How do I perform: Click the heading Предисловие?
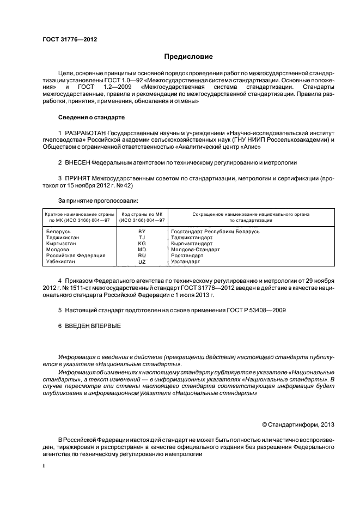coord(188,57)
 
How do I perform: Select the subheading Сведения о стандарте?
coord(91,117)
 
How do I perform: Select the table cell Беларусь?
coord(59,232)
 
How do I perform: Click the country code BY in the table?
coord(142,232)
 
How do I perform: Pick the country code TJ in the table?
coord(142,238)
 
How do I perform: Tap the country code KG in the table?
coord(142,244)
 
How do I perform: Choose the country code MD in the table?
coord(142,250)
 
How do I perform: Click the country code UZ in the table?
coord(142,262)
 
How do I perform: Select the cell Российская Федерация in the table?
coord(75,256)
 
